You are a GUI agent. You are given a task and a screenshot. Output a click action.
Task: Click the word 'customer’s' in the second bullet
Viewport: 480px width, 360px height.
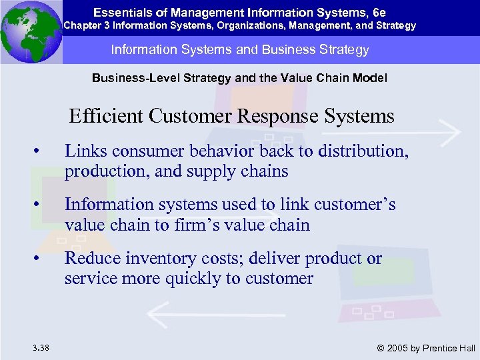point(356,205)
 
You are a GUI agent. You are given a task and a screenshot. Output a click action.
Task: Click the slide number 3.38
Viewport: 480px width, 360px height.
point(39,347)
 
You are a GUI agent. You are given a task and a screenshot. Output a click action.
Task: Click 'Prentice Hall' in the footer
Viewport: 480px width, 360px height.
point(451,347)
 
